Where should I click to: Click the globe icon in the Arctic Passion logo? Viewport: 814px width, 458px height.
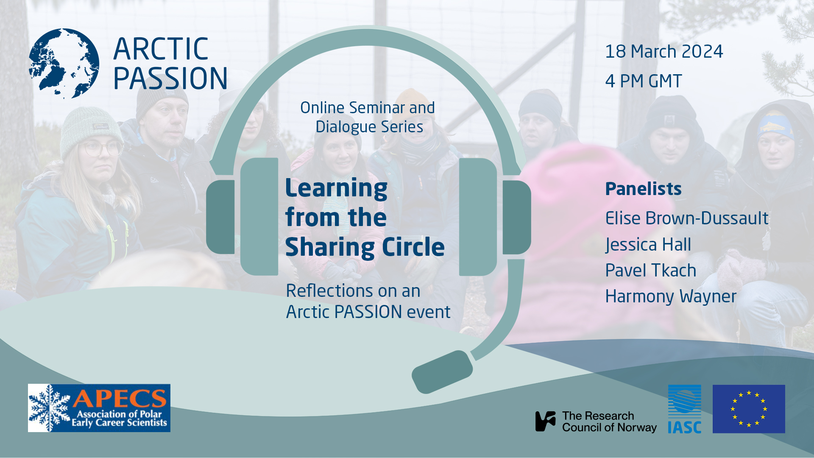[x=64, y=64]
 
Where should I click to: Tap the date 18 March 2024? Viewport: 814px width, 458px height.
[x=663, y=52]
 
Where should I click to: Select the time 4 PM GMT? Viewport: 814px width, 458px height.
[x=643, y=81]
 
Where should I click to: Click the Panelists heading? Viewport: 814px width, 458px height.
[x=643, y=189]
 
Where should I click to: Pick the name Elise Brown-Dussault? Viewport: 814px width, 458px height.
[x=686, y=218]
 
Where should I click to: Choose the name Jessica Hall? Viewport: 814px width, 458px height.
[x=648, y=245]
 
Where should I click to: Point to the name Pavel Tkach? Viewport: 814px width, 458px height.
[x=650, y=271]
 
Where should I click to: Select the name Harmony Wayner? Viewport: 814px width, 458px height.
[x=670, y=296]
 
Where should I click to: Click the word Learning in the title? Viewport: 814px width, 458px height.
[x=336, y=188]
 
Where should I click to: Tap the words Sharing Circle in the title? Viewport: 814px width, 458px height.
[x=365, y=247]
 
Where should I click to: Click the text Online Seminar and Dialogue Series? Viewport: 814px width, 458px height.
[x=368, y=117]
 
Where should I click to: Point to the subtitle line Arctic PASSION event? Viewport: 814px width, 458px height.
[x=368, y=312]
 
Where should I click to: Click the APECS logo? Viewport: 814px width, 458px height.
[x=99, y=408]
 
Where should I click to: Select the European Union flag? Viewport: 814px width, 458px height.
[x=748, y=409]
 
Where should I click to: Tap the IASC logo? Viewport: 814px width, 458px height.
[x=684, y=409]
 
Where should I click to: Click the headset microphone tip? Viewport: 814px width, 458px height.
[x=442, y=372]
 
